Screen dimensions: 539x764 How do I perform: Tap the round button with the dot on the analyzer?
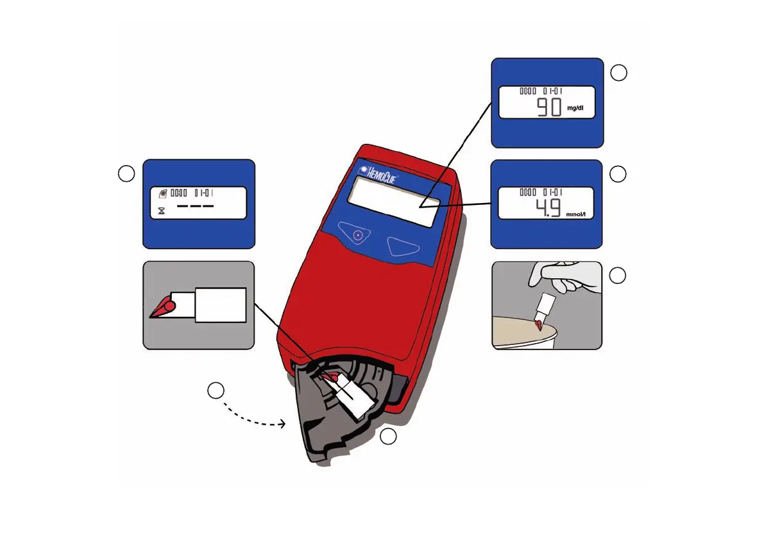coord(358,235)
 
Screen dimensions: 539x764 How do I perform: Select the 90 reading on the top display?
coord(549,107)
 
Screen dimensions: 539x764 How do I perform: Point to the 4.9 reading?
coord(547,208)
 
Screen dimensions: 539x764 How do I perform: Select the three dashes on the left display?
coord(195,207)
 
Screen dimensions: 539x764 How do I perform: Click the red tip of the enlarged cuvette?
coord(163,309)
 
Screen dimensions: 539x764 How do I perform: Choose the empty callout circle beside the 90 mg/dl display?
coord(618,73)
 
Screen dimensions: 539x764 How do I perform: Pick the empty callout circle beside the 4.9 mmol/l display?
coord(618,174)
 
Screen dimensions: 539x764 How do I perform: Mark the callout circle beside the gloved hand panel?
coord(617,276)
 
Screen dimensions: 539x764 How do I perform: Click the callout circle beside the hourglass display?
coord(126,173)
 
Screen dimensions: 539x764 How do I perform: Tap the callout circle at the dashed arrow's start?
coord(216,391)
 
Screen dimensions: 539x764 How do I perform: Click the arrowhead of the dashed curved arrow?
coord(283,424)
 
